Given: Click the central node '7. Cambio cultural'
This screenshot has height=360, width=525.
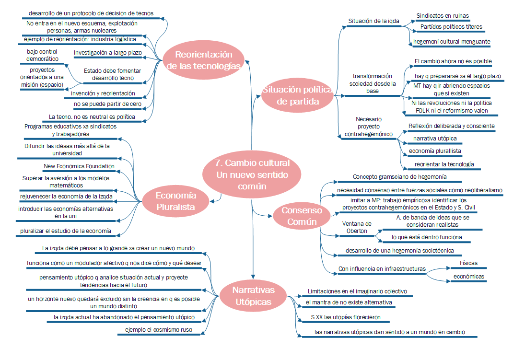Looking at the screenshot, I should pyautogui.click(x=253, y=174).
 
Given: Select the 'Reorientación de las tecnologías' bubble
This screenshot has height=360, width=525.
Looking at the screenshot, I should pyautogui.click(x=203, y=60).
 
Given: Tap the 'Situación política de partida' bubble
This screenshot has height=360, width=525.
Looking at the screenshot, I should pyautogui.click(x=297, y=95).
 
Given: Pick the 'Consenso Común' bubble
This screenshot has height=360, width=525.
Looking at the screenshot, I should pyautogui.click(x=302, y=216).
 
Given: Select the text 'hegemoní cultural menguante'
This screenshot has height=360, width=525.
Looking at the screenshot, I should pyautogui.click(x=451, y=42).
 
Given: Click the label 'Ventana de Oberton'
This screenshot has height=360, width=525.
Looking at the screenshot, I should pyautogui.click(x=356, y=227).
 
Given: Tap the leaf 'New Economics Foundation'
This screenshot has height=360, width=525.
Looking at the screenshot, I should pyautogui.click(x=79, y=166).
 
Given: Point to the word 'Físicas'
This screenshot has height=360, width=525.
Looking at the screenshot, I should pyautogui.click(x=468, y=263).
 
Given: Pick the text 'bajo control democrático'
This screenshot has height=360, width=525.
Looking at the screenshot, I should pyautogui.click(x=43, y=55).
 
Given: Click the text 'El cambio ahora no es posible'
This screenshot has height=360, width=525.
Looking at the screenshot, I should pyautogui.click(x=453, y=61).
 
